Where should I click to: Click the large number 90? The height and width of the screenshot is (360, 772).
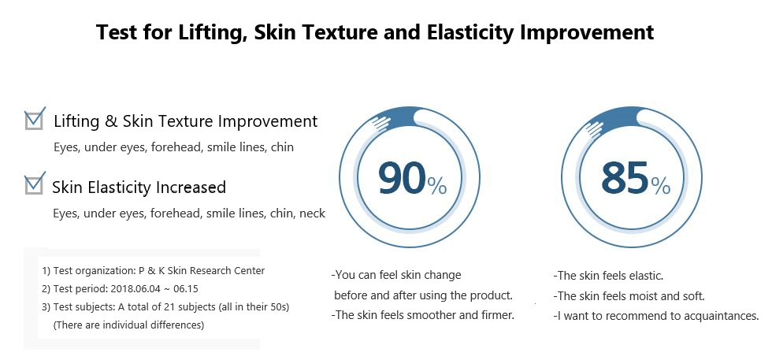(x=402, y=178)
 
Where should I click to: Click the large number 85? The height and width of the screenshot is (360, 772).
(x=625, y=178)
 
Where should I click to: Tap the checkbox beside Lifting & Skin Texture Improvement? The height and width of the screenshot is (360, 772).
(x=35, y=119)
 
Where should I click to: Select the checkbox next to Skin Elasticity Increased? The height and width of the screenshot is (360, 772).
(x=35, y=184)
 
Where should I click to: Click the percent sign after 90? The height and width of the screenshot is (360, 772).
(x=436, y=185)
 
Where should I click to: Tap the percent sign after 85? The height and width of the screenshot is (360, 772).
(x=661, y=185)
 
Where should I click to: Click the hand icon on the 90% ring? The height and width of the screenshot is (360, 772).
(x=380, y=123)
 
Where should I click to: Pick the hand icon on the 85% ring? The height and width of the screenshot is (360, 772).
(x=594, y=128)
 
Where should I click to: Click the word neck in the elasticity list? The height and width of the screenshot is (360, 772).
(x=313, y=213)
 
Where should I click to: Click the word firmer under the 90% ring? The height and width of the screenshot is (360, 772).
(x=499, y=315)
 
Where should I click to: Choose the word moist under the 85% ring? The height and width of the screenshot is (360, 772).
(x=644, y=296)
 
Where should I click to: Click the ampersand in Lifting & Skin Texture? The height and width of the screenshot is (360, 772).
(x=112, y=121)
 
